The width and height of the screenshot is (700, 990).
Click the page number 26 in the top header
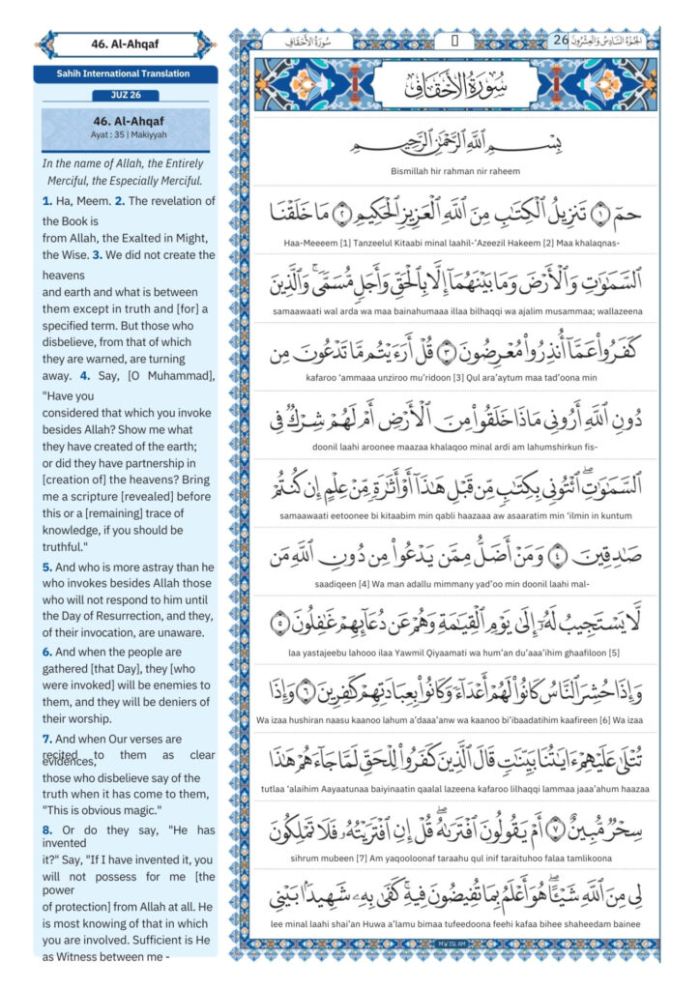[562, 41]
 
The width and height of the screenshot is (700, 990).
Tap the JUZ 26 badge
[126, 95]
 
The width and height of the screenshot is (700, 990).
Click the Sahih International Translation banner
[126, 73]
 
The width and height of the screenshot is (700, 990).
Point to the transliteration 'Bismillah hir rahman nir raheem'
[454, 171]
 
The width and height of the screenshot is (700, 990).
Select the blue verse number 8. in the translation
[47, 830]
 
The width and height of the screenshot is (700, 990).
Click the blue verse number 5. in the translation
[47, 567]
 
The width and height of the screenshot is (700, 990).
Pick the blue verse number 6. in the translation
[47, 653]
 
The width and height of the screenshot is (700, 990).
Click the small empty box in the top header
[454, 41]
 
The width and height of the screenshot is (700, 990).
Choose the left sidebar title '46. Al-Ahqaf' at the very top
[126, 44]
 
